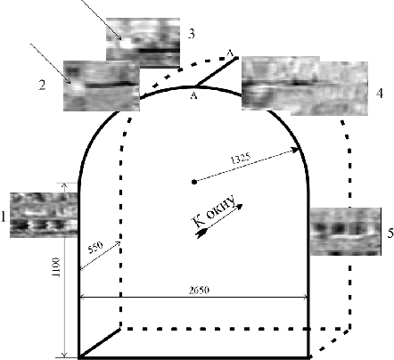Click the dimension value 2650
(199, 290)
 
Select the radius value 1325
(241, 159)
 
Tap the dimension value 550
(95, 247)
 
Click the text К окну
(214, 210)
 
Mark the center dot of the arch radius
(194, 182)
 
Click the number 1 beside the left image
(4, 217)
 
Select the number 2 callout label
(42, 85)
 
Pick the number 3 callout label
(192, 34)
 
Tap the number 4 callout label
(380, 94)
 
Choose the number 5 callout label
(390, 233)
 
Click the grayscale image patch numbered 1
(44, 215)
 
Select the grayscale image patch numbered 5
(345, 232)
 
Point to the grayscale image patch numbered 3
(144, 43)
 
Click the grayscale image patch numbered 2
(102, 86)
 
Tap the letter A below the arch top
(193, 95)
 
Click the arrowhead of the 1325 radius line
(295, 150)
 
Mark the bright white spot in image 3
(126, 44)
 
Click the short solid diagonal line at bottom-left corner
(100, 342)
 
